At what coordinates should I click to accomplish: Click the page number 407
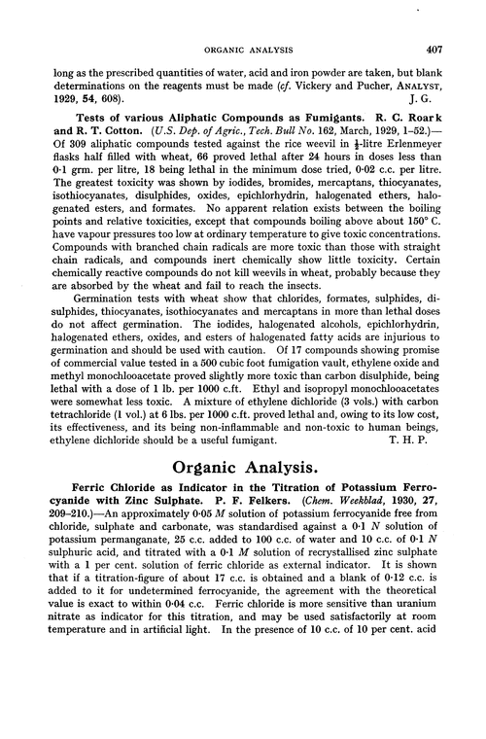tap(435, 27)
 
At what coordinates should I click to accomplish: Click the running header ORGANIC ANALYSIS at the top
tap(243, 27)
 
